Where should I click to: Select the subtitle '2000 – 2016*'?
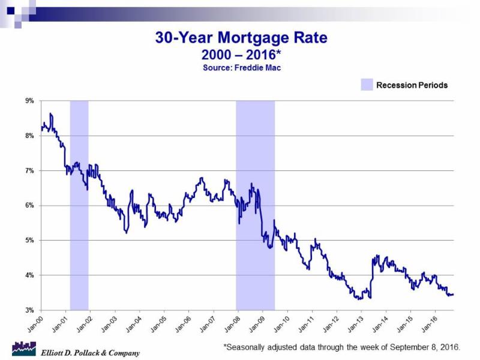241,55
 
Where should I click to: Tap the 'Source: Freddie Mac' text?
241,68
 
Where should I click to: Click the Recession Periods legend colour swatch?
366,85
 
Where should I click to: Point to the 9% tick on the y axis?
29,101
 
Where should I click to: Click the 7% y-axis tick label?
29,170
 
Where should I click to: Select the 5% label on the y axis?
29,240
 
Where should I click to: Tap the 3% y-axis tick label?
29,310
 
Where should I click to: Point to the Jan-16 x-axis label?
427,323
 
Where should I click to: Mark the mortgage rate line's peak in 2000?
51,113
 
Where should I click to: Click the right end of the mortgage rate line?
453,295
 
